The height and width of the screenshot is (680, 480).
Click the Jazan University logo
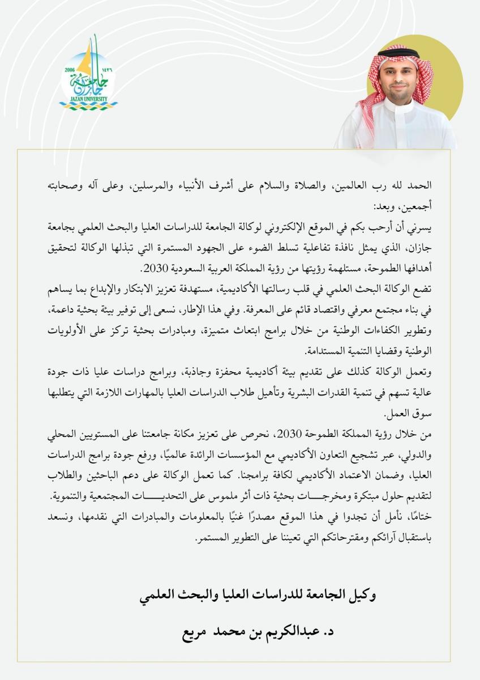click(x=89, y=76)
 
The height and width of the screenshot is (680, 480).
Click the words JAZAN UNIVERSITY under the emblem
click(x=89, y=98)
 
